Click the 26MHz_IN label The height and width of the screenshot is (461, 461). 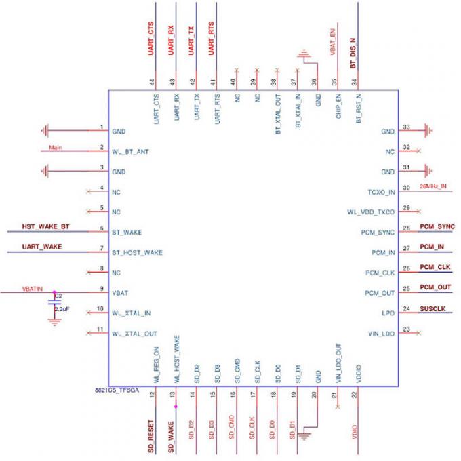(x=433, y=186)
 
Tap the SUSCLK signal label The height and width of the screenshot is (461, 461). (x=433, y=308)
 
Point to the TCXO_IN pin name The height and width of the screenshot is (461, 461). (x=380, y=193)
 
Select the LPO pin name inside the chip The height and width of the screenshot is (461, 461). (x=388, y=315)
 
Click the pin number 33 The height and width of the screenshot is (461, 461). (x=406, y=127)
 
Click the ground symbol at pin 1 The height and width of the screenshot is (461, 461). (x=45, y=130)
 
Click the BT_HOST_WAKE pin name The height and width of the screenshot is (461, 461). (x=137, y=252)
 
